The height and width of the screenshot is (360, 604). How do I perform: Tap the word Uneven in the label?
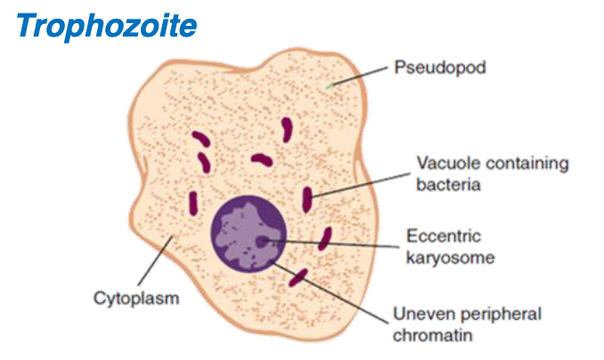pyautogui.click(x=418, y=315)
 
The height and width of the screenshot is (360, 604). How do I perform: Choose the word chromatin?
pyautogui.click(x=429, y=336)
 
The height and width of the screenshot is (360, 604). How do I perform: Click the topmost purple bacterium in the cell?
pyautogui.click(x=288, y=129)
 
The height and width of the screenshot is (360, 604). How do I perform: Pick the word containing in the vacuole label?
pyautogui.click(x=521, y=164)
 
